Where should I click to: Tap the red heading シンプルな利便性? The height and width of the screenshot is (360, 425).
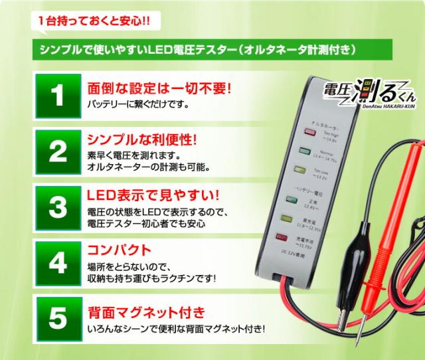142,140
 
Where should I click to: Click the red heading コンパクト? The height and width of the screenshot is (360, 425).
120,251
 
